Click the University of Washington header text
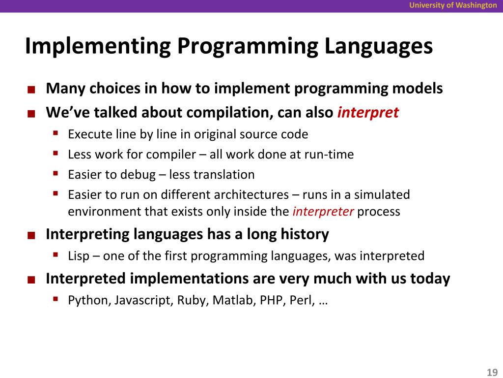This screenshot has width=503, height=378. click(x=453, y=5)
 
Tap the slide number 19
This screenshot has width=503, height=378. click(x=492, y=372)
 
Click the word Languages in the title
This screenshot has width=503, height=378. click(x=379, y=46)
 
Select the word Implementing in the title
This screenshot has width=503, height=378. click(x=98, y=46)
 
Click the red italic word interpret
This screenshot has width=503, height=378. click(x=368, y=113)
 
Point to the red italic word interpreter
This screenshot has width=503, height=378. click(x=323, y=212)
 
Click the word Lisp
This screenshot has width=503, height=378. click(x=79, y=256)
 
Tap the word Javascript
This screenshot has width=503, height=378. click(x=144, y=300)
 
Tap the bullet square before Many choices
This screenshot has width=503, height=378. click(x=31, y=90)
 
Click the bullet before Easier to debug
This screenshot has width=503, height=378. click(x=56, y=174)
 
